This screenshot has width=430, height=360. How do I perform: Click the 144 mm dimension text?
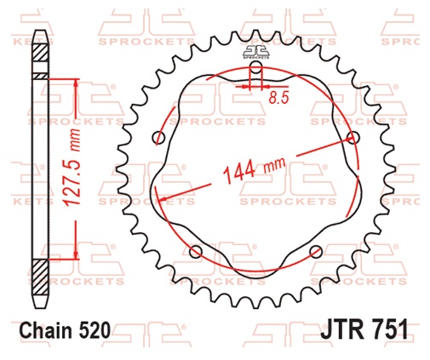tap(255, 169)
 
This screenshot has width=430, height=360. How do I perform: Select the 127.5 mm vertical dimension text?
tap(72, 167)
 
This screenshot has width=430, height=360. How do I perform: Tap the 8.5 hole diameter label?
tap(278, 98)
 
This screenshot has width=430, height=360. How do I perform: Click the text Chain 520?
tap(65, 330)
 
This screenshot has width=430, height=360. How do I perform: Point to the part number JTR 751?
tap(364, 329)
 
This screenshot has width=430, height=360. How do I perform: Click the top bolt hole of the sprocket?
tap(256, 67)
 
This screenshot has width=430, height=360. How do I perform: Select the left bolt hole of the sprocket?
tap(158, 138)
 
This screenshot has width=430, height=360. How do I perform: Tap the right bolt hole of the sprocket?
tap(353, 138)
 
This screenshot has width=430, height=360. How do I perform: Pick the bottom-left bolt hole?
tap(196, 252)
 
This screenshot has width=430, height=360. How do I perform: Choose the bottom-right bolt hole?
tap(316, 252)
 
